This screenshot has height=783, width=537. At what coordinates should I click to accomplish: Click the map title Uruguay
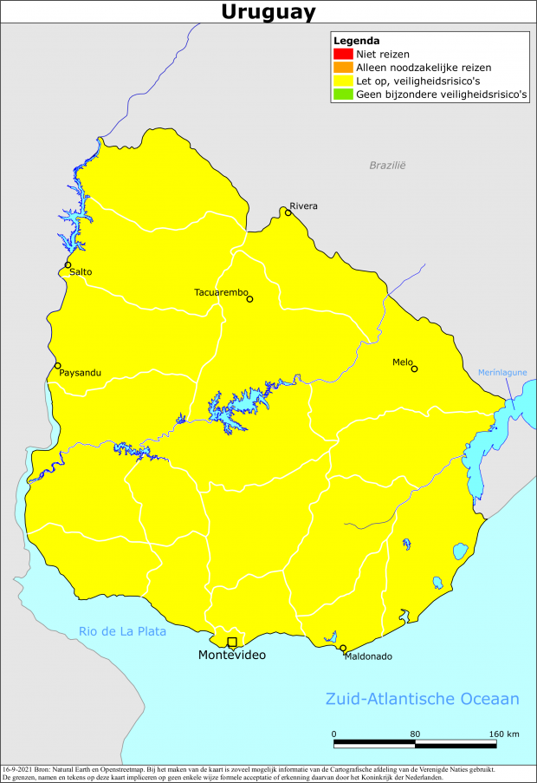click(x=268, y=12)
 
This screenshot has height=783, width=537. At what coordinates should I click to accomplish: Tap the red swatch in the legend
click(x=339, y=54)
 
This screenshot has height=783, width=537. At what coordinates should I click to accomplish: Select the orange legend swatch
click(x=339, y=68)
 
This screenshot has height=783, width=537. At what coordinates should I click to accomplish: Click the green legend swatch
click(x=339, y=95)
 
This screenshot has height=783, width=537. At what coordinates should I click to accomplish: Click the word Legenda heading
click(x=356, y=41)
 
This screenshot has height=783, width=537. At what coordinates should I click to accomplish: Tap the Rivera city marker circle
click(x=288, y=212)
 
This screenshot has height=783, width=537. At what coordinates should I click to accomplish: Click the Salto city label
click(x=81, y=272)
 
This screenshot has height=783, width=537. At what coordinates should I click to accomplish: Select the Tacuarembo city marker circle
click(x=249, y=299)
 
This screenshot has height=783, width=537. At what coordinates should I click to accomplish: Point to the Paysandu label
click(x=81, y=373)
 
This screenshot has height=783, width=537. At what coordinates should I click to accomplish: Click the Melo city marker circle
click(x=414, y=369)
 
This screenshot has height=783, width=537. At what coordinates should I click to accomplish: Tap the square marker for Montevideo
click(x=231, y=642)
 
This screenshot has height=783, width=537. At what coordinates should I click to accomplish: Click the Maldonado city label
click(x=368, y=656)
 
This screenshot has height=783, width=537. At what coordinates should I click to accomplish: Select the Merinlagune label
click(x=502, y=373)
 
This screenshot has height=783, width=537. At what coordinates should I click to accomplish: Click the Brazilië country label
click(x=387, y=165)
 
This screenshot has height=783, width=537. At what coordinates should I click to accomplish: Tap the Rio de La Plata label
click(x=122, y=631)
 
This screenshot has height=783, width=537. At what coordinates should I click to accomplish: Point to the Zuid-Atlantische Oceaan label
click(x=422, y=699)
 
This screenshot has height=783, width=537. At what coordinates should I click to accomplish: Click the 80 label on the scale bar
click(x=415, y=734)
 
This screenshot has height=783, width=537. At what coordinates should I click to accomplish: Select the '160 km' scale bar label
click(x=503, y=734)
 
